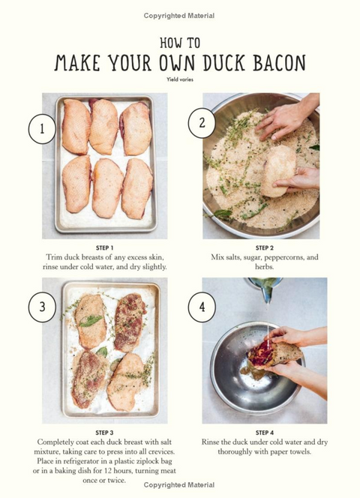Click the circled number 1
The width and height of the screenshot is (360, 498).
(x=42, y=129)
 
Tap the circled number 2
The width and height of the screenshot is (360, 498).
(x=202, y=123)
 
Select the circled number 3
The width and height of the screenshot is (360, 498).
(x=42, y=307)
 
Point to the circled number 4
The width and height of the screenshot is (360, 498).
(x=202, y=307)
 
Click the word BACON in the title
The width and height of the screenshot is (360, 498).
(x=279, y=62)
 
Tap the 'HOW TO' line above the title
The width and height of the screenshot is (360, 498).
(x=180, y=43)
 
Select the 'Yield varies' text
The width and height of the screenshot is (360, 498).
(x=180, y=79)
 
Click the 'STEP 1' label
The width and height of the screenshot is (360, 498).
(x=104, y=247)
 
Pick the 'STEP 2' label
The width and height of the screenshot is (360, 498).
(x=264, y=247)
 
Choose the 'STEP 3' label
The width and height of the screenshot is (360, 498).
(x=104, y=433)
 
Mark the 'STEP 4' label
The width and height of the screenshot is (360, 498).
(x=264, y=433)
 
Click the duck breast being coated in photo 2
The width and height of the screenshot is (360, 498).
(x=278, y=171)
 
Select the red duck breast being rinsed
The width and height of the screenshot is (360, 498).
(x=274, y=354)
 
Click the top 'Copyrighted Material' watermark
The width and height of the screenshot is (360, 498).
(x=179, y=16)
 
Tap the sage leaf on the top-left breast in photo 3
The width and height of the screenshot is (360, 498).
(x=91, y=320)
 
